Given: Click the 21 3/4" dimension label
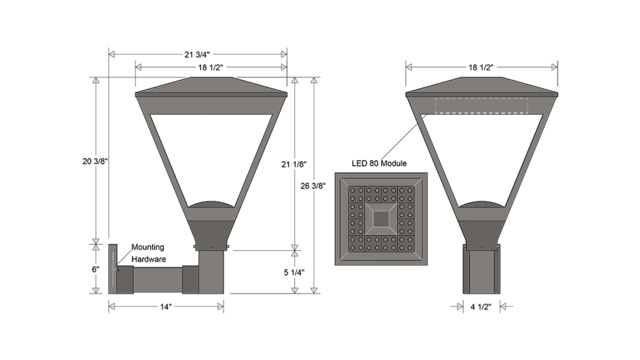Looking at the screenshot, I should [x=197, y=54].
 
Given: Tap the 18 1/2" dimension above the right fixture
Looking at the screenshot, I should [x=481, y=67].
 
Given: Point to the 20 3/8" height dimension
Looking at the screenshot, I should [x=96, y=161].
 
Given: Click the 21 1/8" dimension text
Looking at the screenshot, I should [x=294, y=164].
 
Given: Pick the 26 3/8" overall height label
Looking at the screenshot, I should [x=313, y=186].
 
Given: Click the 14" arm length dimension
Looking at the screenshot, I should [x=166, y=307].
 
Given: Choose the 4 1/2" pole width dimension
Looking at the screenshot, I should [x=481, y=307].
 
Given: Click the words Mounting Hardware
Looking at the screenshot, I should [x=148, y=253].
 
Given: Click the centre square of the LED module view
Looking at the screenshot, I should [x=381, y=219].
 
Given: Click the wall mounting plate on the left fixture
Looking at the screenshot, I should [x=112, y=269].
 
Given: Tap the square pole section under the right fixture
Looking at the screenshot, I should [x=481, y=270].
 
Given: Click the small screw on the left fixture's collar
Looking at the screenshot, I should [x=212, y=247].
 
